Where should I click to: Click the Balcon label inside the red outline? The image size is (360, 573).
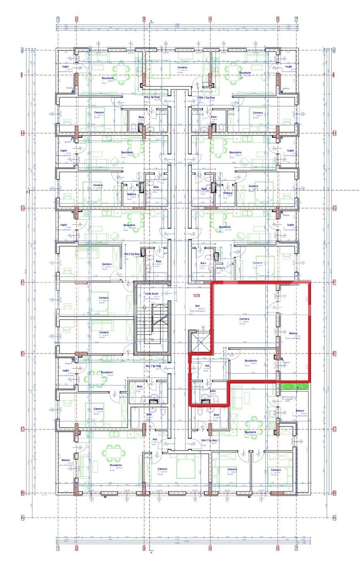point(293,333)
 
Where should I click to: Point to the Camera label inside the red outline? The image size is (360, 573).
point(244,319)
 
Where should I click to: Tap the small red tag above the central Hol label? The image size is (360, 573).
point(196,295)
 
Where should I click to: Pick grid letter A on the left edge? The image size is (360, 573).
point(22,517)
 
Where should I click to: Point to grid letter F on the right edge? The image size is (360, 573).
point(335,282)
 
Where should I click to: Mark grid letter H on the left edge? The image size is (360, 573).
point(22,133)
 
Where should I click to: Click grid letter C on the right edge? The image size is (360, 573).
point(335,429)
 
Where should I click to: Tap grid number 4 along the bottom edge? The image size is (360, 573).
point(210,548)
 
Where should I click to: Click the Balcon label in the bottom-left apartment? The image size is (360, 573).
point(65,460)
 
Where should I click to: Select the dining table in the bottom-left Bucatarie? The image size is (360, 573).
point(115,452)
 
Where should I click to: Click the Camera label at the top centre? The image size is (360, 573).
point(182,67)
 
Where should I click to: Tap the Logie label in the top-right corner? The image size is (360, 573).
point(288,66)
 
